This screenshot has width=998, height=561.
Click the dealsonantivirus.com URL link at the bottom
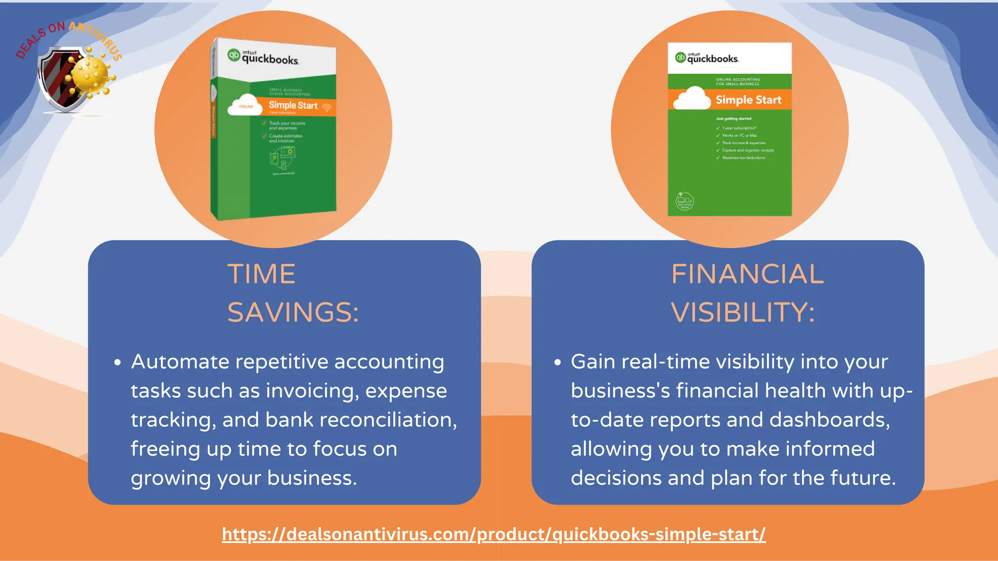click(x=494, y=534)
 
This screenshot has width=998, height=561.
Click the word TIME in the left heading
click(x=261, y=274)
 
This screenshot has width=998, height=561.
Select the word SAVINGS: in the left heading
click(x=293, y=312)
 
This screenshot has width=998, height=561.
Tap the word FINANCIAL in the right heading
click(x=748, y=274)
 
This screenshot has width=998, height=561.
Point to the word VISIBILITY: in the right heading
click(x=743, y=312)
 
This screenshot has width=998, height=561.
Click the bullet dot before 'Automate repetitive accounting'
click(x=117, y=362)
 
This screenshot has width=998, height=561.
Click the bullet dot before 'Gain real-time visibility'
click(x=557, y=362)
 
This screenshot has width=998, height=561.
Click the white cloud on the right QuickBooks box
click(x=692, y=99)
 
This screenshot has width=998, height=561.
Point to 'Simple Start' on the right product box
click(x=748, y=100)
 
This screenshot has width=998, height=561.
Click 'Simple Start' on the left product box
click(x=293, y=105)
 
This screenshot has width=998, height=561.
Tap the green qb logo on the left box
click(x=234, y=55)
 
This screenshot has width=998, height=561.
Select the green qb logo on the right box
click(x=680, y=57)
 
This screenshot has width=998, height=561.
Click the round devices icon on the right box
click(x=684, y=201)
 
